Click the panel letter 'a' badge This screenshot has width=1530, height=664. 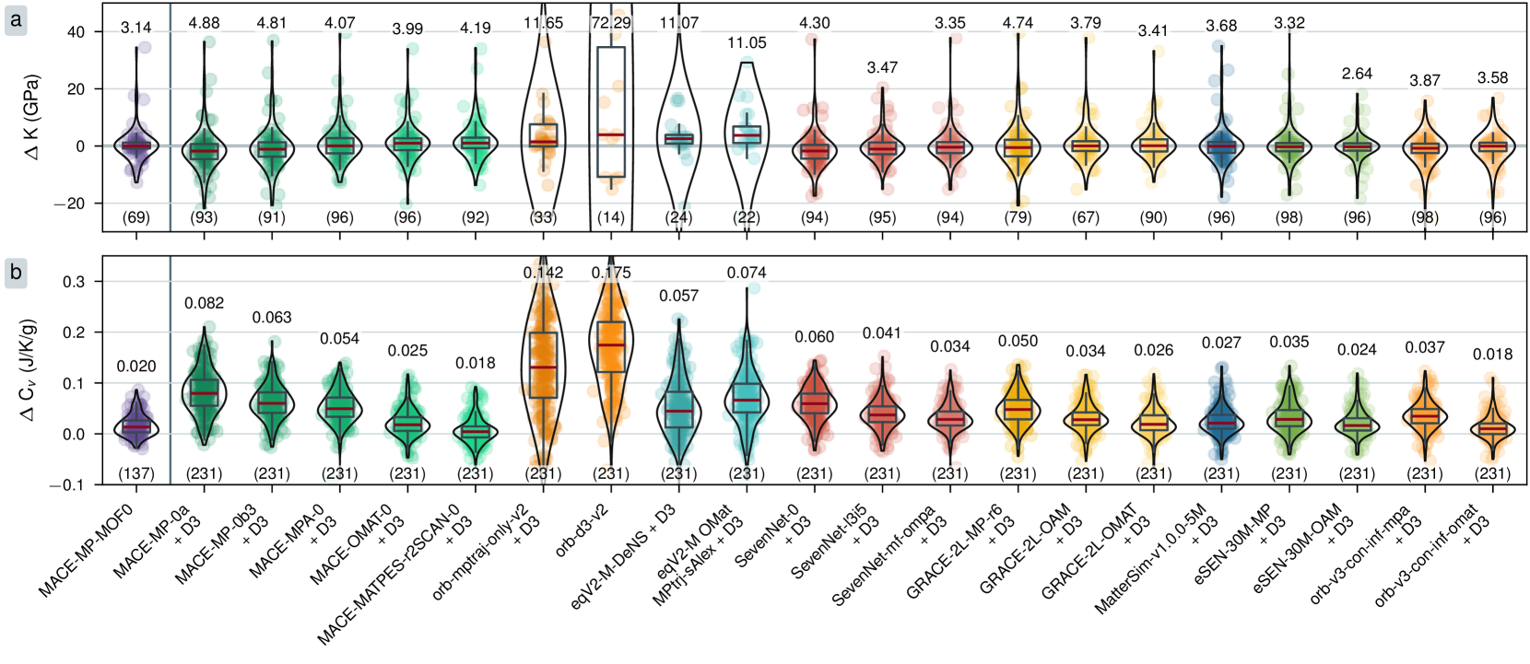pyautogui.click(x=16, y=19)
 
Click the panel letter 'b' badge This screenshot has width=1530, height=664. pyautogui.click(x=16, y=274)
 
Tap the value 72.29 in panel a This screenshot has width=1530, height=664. pyautogui.click(x=611, y=22)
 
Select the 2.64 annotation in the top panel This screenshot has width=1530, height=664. pyautogui.click(x=1357, y=74)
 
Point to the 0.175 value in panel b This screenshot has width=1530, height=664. pyautogui.click(x=611, y=273)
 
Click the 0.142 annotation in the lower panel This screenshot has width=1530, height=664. pyautogui.click(x=543, y=273)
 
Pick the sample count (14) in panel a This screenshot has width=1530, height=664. pyautogui.click(x=611, y=218)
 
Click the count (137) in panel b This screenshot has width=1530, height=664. pyautogui.click(x=136, y=473)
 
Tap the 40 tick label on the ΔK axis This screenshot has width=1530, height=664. pyautogui.click(x=76, y=32)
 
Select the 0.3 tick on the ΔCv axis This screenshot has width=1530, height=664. pyautogui.click(x=74, y=282)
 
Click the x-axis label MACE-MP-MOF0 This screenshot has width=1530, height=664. pyautogui.click(x=88, y=550)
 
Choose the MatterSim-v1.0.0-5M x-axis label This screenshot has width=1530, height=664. pyautogui.click(x=1152, y=559)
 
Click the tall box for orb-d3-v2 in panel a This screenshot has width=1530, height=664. pyautogui.click(x=611, y=111)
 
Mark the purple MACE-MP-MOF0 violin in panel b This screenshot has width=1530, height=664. pyautogui.click(x=136, y=426)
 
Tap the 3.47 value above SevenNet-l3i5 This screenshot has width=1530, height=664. pyautogui.click(x=882, y=67)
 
